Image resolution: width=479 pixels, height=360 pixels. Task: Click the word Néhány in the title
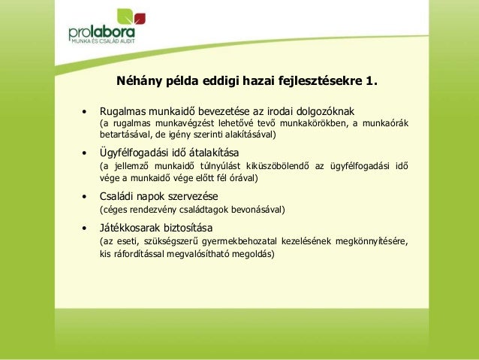tap(137, 80)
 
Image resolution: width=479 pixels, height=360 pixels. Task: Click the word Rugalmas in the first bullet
tap(123, 110)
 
